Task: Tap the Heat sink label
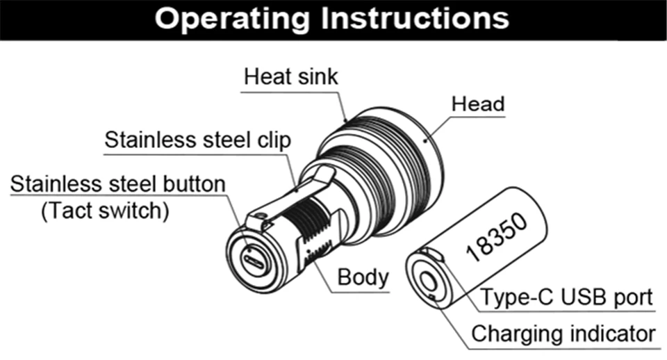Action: point(290,76)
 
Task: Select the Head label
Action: point(478,104)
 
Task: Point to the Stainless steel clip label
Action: point(197,140)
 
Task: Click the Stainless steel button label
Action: point(119,184)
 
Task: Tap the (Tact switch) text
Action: point(105,211)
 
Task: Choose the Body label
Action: point(363,277)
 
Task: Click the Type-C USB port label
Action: point(567,297)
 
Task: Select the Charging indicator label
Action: point(563,334)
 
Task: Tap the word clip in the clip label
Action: point(272,140)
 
